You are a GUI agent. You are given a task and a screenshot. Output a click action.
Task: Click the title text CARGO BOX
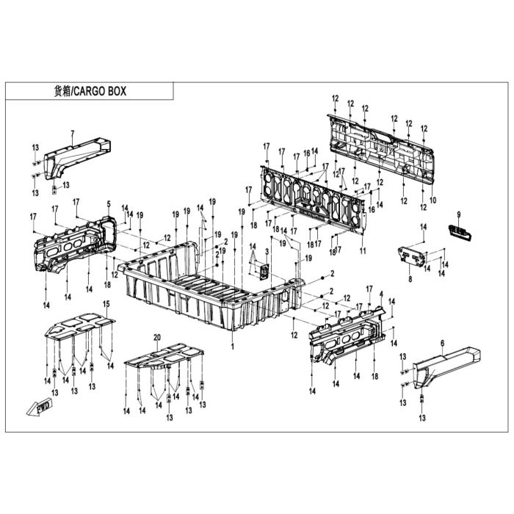tap(100, 91)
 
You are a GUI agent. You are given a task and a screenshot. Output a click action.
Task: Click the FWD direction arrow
tap(39, 408)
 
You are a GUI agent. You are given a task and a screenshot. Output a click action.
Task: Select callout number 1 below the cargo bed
tap(233, 346)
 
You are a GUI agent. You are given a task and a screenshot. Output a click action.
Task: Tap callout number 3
tap(267, 252)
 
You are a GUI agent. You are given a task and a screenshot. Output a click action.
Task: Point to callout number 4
tap(381, 294)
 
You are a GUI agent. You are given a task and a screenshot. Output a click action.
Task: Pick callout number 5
tap(109, 204)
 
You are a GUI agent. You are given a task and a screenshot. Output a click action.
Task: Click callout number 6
tap(443, 343)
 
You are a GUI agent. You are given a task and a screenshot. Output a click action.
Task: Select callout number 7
tap(73, 133)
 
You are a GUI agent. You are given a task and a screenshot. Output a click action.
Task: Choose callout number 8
tap(410, 279)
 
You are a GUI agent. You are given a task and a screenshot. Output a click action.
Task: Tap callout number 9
tap(459, 214)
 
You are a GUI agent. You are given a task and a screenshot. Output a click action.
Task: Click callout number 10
tap(433, 200)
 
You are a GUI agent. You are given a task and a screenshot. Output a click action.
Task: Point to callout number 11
tap(363, 251)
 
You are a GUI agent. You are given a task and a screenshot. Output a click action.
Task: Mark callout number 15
tap(106, 304)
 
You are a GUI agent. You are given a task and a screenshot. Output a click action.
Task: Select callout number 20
tap(157, 337)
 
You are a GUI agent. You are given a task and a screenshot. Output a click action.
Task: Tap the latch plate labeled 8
tap(413, 256)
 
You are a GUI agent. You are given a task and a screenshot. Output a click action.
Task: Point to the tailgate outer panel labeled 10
tap(380, 148)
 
